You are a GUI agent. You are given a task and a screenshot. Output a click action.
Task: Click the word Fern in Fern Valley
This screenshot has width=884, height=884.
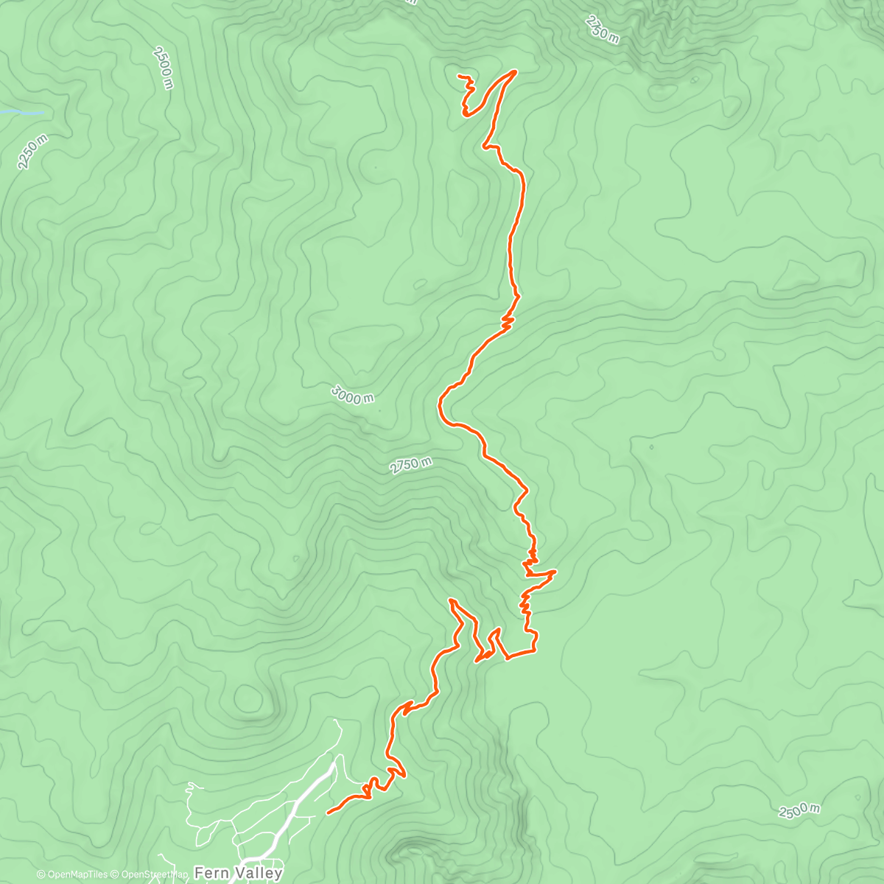pos(211,874)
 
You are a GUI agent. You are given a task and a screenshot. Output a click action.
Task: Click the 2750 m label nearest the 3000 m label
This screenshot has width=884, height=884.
pos(410,466)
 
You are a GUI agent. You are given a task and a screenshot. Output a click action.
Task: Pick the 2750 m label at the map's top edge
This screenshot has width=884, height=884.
pos(602,29)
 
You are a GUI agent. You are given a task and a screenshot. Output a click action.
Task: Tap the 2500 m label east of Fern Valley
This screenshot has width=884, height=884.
pos(799,810)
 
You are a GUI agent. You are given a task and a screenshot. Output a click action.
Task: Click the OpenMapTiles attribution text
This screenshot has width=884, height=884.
pos(77,875)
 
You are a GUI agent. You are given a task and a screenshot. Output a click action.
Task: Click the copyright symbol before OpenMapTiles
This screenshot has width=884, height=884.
pos(41,875)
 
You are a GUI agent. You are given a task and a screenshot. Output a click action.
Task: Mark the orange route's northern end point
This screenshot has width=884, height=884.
pos(459,76)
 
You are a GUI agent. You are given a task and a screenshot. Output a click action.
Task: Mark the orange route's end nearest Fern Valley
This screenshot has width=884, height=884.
pos(327,813)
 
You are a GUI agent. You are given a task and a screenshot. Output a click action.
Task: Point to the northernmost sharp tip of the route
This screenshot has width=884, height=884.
pos(514,71)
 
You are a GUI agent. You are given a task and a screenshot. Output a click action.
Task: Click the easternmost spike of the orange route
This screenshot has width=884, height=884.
pos(555,571)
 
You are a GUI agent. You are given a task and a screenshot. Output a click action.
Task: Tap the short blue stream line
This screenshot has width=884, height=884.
pos(21,113)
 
